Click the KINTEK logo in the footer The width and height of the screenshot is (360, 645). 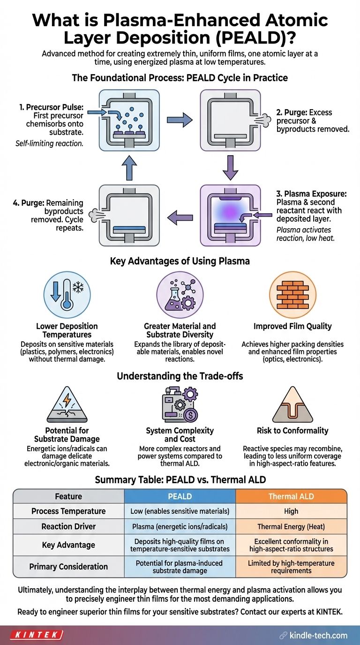37,635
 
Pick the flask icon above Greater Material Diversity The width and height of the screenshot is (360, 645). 180,295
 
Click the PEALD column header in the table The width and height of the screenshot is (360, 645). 180,496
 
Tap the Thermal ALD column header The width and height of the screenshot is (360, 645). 291,496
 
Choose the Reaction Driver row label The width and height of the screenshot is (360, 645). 68,526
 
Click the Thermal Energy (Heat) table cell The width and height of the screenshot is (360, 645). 291,526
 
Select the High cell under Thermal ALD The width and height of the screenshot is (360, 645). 291,511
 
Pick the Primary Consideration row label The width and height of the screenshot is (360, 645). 68,566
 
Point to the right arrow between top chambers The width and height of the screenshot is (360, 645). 180,120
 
